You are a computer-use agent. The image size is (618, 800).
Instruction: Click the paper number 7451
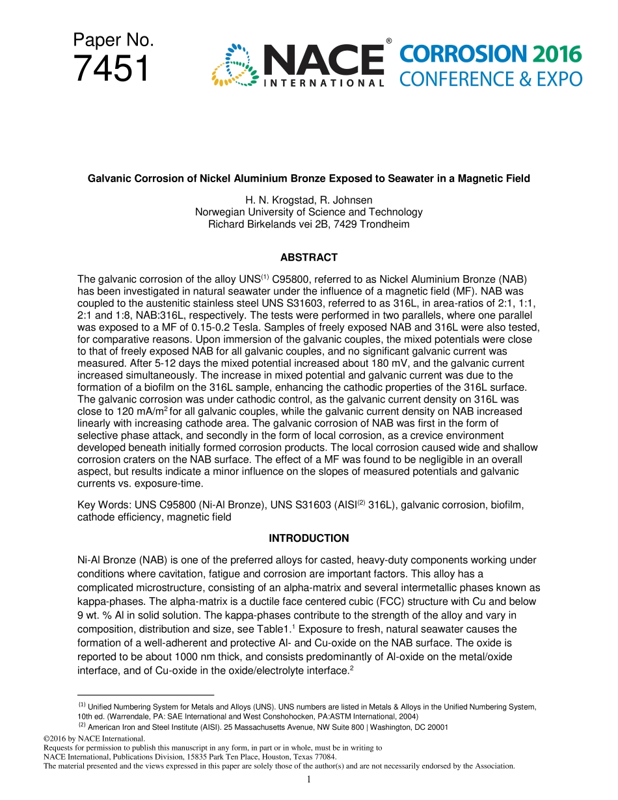pyautogui.click(x=111, y=68)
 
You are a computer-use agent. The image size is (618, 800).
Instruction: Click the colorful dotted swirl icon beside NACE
pyautogui.click(x=232, y=65)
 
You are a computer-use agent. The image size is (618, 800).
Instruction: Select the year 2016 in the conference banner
pyautogui.click(x=554, y=54)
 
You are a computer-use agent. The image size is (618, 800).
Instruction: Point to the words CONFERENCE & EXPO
pyautogui.click(x=490, y=79)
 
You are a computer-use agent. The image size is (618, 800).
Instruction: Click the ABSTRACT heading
pyautogui.click(x=309, y=258)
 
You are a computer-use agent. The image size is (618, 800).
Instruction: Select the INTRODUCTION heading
pyautogui.click(x=309, y=538)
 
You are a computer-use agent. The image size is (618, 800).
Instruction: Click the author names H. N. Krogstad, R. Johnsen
pyautogui.click(x=309, y=200)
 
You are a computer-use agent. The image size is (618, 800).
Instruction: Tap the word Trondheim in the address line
pyautogui.click(x=387, y=224)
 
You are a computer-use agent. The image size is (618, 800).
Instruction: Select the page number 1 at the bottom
pyautogui.click(x=309, y=779)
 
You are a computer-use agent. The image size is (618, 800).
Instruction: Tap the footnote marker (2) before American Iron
pyautogui.click(x=83, y=725)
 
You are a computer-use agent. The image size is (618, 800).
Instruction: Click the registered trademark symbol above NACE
pyautogui.click(x=388, y=41)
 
